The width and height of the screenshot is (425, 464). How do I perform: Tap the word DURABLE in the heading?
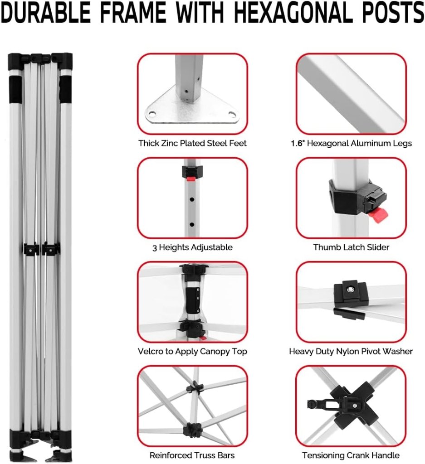[x=46, y=12]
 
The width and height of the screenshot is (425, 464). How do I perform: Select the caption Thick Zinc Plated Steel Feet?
[x=192, y=143]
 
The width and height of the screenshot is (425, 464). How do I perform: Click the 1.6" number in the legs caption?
[x=298, y=143]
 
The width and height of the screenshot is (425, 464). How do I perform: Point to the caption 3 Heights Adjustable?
[x=192, y=247]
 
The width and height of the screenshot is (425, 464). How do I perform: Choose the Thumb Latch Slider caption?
[x=351, y=247]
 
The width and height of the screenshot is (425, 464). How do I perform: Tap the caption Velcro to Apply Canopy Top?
[x=192, y=352]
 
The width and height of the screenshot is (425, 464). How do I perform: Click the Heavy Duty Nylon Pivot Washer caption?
[x=351, y=352]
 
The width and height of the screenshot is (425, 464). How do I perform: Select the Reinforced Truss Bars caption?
[x=192, y=455]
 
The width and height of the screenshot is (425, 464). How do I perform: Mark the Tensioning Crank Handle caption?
[x=351, y=455]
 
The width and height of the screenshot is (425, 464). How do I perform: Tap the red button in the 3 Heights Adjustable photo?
[x=191, y=179]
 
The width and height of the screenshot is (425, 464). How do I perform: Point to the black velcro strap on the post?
[x=193, y=299]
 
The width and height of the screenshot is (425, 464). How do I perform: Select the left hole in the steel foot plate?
[x=151, y=113]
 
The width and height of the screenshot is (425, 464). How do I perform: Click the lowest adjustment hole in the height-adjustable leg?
[x=192, y=225]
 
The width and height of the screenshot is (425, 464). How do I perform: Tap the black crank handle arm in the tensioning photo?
[x=323, y=404]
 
